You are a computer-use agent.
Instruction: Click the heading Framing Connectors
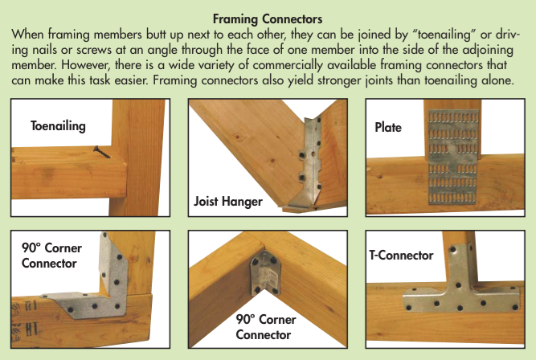pyautogui.click(x=268, y=18)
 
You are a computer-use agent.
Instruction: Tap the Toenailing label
pyautogui.click(x=58, y=126)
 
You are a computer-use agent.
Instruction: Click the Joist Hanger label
pyautogui.click(x=228, y=201)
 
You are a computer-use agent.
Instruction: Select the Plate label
pyautogui.click(x=388, y=127)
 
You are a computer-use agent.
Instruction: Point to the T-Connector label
pyautogui.click(x=401, y=255)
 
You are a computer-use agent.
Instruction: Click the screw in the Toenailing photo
pyautogui.click(x=102, y=152)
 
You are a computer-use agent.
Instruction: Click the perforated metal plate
pyautogui.click(x=452, y=157)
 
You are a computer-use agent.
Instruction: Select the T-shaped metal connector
pyautogui.click(x=460, y=287)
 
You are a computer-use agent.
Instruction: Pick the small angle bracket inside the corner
pyautogui.click(x=266, y=273)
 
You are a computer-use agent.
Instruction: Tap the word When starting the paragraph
pyautogui.click(x=28, y=35)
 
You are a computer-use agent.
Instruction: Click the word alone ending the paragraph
pyautogui.click(x=497, y=80)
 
